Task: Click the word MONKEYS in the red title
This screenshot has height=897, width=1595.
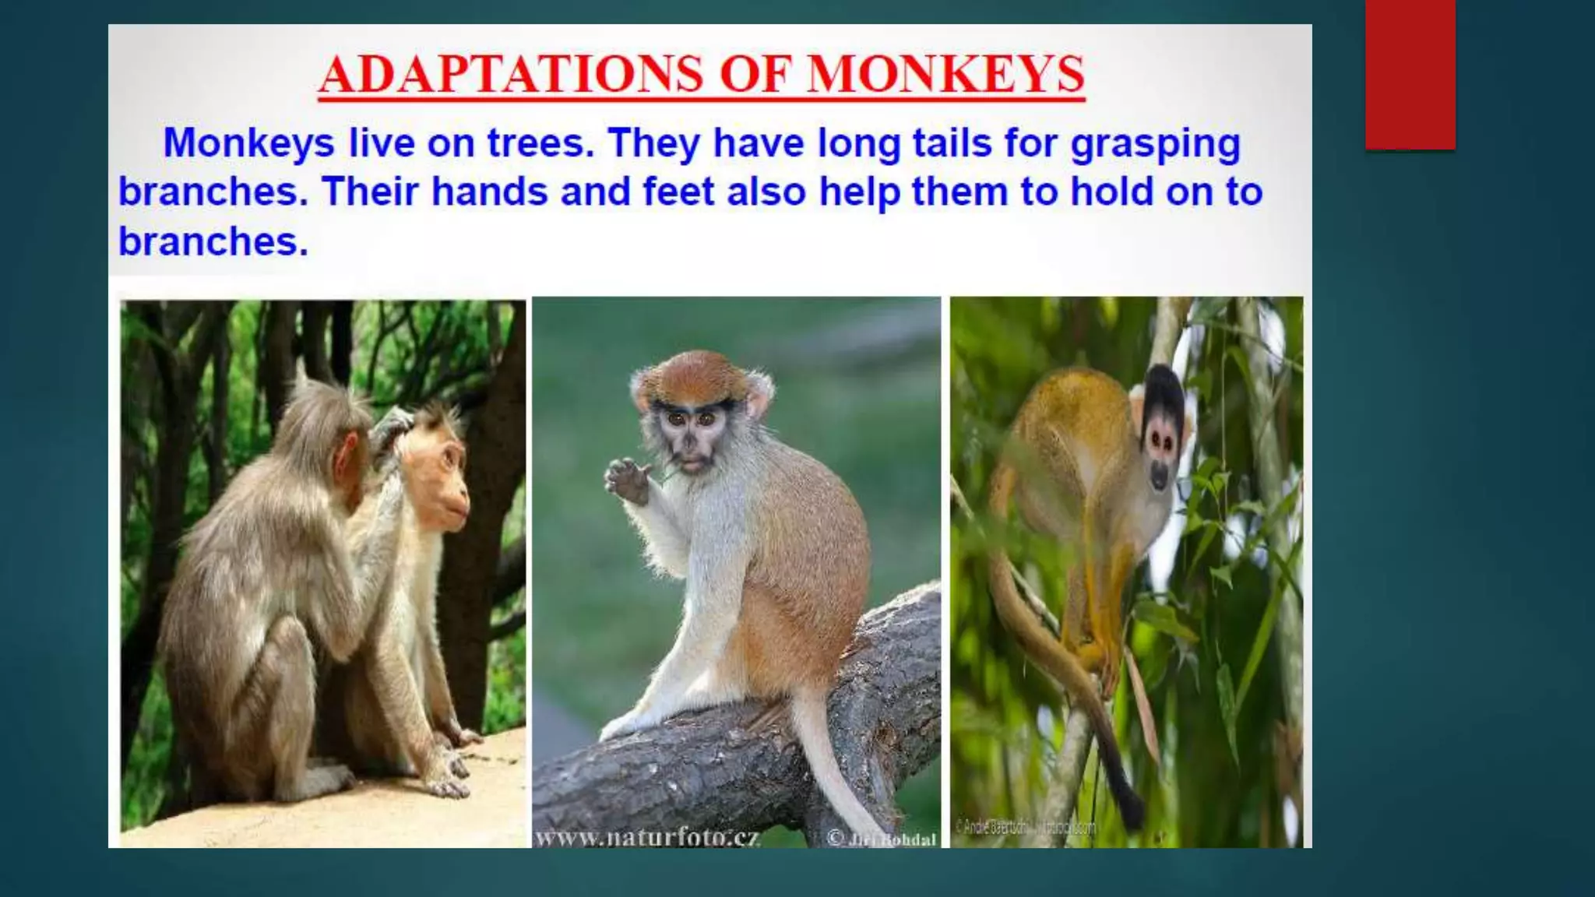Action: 945,75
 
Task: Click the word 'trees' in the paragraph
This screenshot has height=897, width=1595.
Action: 540,143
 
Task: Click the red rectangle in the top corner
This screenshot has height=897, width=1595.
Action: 1410,74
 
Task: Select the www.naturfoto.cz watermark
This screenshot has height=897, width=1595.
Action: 647,838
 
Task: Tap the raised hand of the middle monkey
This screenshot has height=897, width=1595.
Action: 628,480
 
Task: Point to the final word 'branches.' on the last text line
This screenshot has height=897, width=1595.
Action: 213,241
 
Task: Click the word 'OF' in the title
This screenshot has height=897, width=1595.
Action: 755,75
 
